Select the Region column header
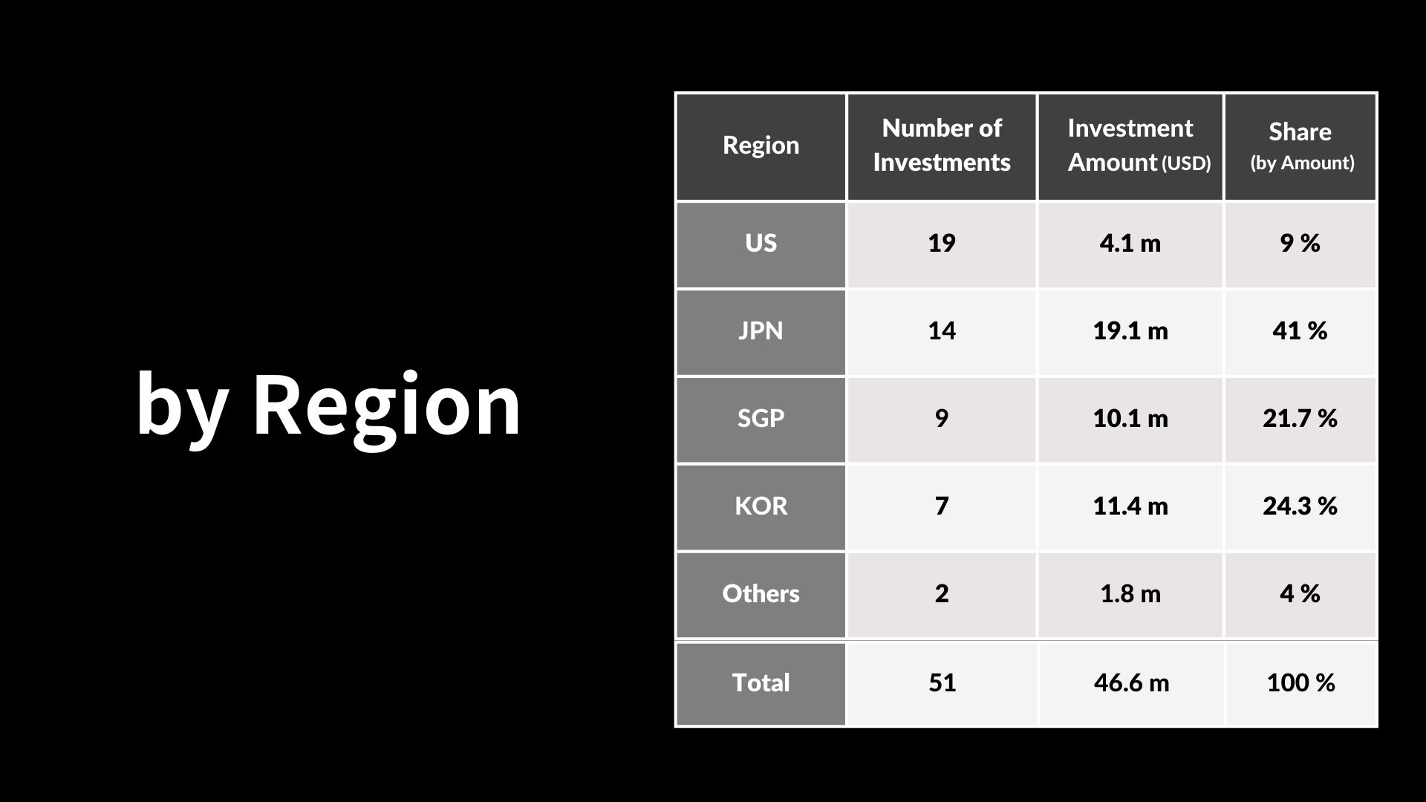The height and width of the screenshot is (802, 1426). click(x=761, y=145)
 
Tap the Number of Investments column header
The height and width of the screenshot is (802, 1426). click(x=942, y=145)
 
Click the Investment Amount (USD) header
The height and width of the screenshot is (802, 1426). click(x=1139, y=145)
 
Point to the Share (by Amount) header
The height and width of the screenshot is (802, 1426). click(x=1300, y=146)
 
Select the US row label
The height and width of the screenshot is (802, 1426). click(x=761, y=244)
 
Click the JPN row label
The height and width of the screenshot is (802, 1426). click(x=761, y=331)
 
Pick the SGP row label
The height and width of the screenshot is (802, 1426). click(x=761, y=419)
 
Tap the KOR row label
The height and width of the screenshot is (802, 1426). click(x=761, y=506)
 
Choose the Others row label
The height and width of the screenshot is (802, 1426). click(x=761, y=594)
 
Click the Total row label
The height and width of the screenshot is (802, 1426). click(x=761, y=683)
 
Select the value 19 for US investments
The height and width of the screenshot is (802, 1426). click(x=942, y=244)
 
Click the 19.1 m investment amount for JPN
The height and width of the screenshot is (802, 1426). click(x=1130, y=331)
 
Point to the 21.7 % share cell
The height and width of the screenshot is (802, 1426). click(x=1300, y=419)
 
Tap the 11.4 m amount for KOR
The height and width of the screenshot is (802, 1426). click(x=1130, y=506)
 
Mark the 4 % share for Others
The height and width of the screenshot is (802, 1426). click(x=1300, y=594)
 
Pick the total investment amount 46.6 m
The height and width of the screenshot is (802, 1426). click(x=1131, y=683)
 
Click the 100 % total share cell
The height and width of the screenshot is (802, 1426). click(x=1301, y=683)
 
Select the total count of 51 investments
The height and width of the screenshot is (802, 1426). click(x=942, y=683)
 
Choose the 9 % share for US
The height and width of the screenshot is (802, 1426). click(x=1300, y=244)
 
